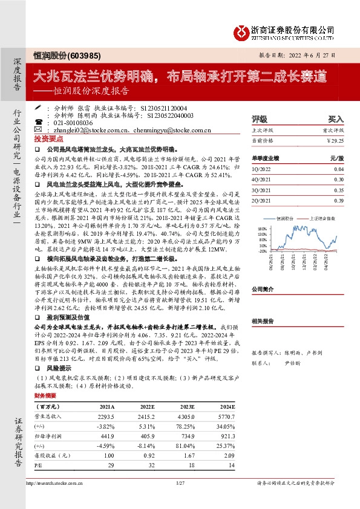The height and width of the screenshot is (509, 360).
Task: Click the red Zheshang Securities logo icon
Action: (x=242, y=30)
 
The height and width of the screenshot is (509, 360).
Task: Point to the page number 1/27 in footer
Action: (x=180, y=484)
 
